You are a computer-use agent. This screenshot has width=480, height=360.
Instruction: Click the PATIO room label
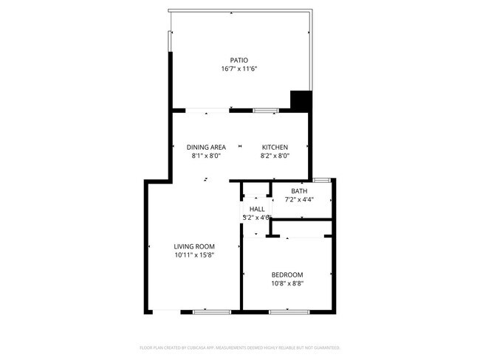point(239,60)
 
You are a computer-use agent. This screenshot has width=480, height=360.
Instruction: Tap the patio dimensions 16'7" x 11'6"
point(239,69)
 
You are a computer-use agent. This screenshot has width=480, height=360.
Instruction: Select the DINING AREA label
point(206,147)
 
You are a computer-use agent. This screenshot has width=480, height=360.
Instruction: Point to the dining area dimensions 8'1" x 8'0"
point(206,156)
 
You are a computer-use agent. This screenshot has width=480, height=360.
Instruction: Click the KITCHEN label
point(275,147)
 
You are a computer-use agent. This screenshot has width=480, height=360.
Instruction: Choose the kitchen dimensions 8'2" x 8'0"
point(275,156)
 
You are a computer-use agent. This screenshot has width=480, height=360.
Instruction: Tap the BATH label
point(299,191)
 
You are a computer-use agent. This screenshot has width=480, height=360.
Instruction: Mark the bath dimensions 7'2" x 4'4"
point(299,199)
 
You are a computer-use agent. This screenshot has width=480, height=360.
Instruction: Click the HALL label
point(256,210)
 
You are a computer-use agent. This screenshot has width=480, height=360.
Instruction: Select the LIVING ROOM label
point(194,246)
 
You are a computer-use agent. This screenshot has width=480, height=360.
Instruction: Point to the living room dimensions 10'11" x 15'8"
point(194,255)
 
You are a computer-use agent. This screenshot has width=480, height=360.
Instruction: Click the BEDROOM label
point(288,274)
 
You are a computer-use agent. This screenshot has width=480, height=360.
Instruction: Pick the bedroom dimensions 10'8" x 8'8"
point(288,283)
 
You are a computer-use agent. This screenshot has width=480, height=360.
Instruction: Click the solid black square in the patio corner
point(300,100)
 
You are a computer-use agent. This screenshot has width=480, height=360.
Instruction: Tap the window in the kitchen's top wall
point(266,110)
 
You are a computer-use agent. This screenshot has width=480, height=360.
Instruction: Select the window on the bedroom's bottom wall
point(288,312)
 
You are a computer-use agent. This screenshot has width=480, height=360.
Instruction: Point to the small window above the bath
point(321,179)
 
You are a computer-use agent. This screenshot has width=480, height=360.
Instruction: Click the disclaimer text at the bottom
point(239,347)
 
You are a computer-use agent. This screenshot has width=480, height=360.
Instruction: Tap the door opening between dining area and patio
point(207,110)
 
